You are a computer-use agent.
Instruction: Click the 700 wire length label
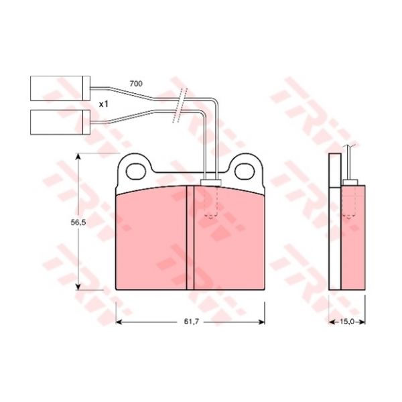point(136,84)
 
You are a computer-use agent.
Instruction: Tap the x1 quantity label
point(104,105)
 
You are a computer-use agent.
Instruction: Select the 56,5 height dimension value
point(78,222)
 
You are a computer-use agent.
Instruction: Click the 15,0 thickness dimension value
point(347,321)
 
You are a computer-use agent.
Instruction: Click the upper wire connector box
point(60,88)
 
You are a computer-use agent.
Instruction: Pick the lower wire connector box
point(60,123)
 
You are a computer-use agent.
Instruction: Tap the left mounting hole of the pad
point(136,172)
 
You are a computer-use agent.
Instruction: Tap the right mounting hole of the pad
point(245,172)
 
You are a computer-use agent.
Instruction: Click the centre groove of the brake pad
point(190,238)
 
